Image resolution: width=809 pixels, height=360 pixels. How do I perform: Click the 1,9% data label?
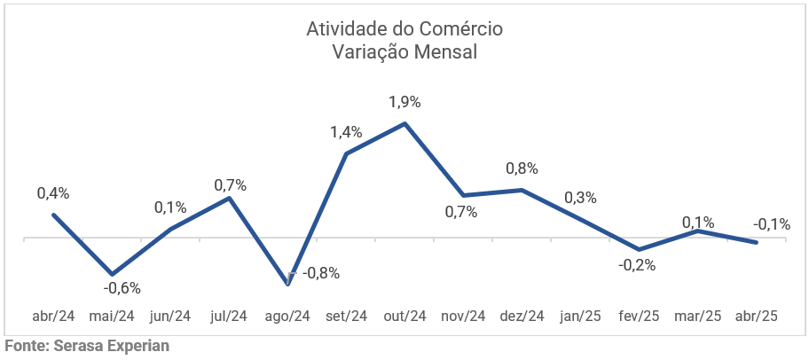click(x=404, y=102)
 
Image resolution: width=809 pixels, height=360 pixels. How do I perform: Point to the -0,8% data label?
click(x=321, y=273)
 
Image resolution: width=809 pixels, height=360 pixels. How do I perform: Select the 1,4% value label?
click(x=346, y=132)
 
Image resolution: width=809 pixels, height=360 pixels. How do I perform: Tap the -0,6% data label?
click(x=122, y=287)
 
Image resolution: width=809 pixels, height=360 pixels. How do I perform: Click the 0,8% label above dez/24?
click(x=522, y=168)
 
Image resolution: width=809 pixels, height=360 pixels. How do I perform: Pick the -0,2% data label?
click(x=638, y=265)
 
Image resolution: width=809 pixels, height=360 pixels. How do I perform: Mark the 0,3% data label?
click(x=580, y=198)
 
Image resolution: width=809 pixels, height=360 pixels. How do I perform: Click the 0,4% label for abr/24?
click(x=53, y=193)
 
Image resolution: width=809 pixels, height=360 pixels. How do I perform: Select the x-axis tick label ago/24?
click(x=287, y=317)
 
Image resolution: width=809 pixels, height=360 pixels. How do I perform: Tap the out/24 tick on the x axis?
click(x=404, y=317)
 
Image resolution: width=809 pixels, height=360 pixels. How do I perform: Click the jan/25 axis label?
click(x=580, y=317)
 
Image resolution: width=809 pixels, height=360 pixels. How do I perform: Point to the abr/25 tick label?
click(x=757, y=317)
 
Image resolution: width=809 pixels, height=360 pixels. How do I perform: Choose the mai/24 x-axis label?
click(x=112, y=317)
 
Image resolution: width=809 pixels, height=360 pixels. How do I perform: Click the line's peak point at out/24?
click(x=404, y=123)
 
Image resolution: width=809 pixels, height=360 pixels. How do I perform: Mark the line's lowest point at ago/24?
click(x=287, y=284)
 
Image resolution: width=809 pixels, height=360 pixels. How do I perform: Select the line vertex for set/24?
click(x=346, y=153)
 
